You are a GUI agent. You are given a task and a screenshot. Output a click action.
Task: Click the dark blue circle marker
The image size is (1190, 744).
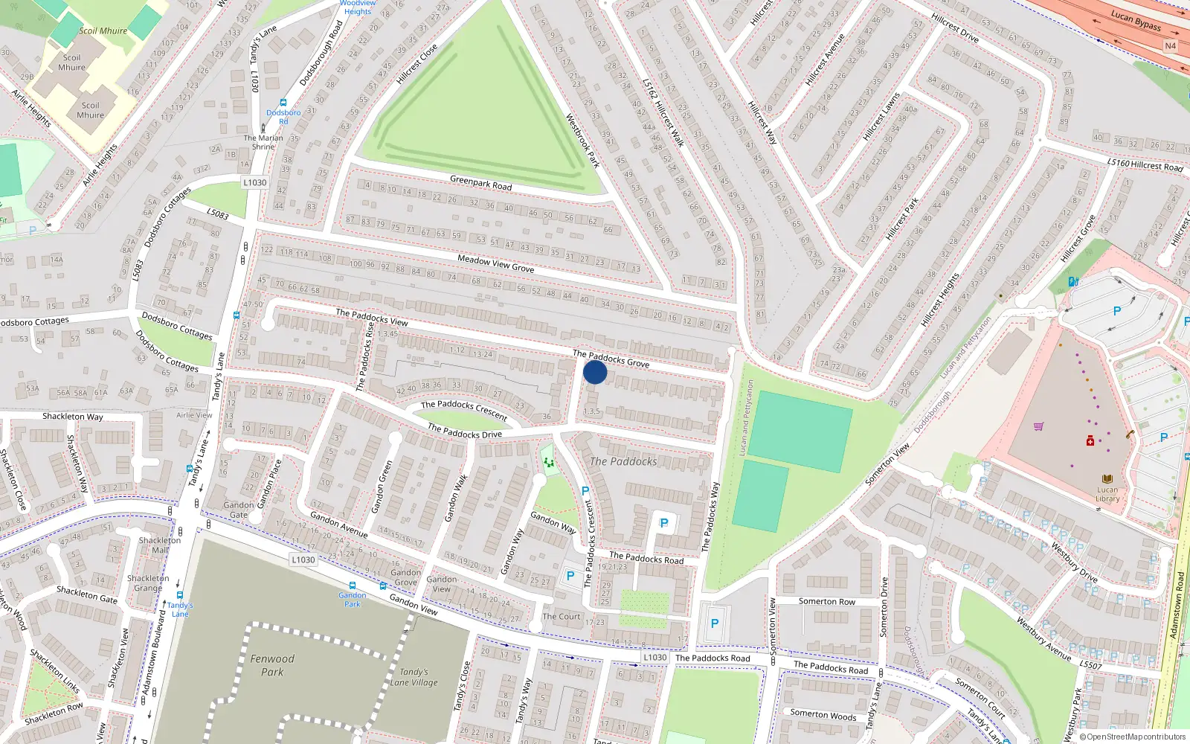pyautogui.click(x=595, y=371)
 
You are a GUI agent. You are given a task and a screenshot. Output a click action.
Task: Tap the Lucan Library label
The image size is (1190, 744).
pyautogui.click(x=1107, y=494)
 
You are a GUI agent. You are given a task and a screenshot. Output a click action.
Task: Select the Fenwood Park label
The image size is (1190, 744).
pyautogui.click(x=272, y=665)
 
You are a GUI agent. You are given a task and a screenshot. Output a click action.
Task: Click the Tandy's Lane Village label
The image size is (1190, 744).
pyautogui.click(x=414, y=677)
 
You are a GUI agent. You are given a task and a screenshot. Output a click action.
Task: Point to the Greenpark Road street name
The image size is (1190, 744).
pyautogui.click(x=480, y=182)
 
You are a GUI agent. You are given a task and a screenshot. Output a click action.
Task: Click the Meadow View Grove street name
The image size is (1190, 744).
pyautogui.click(x=495, y=263)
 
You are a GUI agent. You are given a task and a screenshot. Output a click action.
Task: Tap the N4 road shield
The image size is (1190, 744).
pyautogui.click(x=1170, y=46)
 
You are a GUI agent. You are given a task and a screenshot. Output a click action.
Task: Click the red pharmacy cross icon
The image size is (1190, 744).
pyautogui.click(x=1090, y=441)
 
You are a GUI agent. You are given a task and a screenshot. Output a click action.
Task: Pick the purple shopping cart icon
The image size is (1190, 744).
pyautogui.click(x=1038, y=426)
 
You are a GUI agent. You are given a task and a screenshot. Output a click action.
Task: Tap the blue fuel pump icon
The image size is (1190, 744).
pyautogui.click(x=1072, y=281)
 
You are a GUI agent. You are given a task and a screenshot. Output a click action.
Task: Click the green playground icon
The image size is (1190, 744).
pyautogui.click(x=549, y=463)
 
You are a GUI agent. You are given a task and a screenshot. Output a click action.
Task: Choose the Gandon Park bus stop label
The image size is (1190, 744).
pyautogui.click(x=353, y=599)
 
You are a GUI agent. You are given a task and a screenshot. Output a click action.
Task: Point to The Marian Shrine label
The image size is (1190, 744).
pyautogui.click(x=263, y=142)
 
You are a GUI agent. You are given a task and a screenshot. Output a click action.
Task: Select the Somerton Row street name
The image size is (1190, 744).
pyautogui.click(x=826, y=601)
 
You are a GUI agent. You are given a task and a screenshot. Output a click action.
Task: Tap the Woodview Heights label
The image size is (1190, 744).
pyautogui.click(x=358, y=7)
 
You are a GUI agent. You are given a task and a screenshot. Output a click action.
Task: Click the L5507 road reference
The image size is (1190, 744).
pyautogui.click(x=1090, y=664)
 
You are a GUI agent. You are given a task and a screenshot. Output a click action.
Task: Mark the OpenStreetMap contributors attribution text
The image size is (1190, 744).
pyautogui.click(x=1133, y=737)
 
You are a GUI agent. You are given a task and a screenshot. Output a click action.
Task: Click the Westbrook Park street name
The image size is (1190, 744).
pyautogui.click(x=582, y=140)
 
